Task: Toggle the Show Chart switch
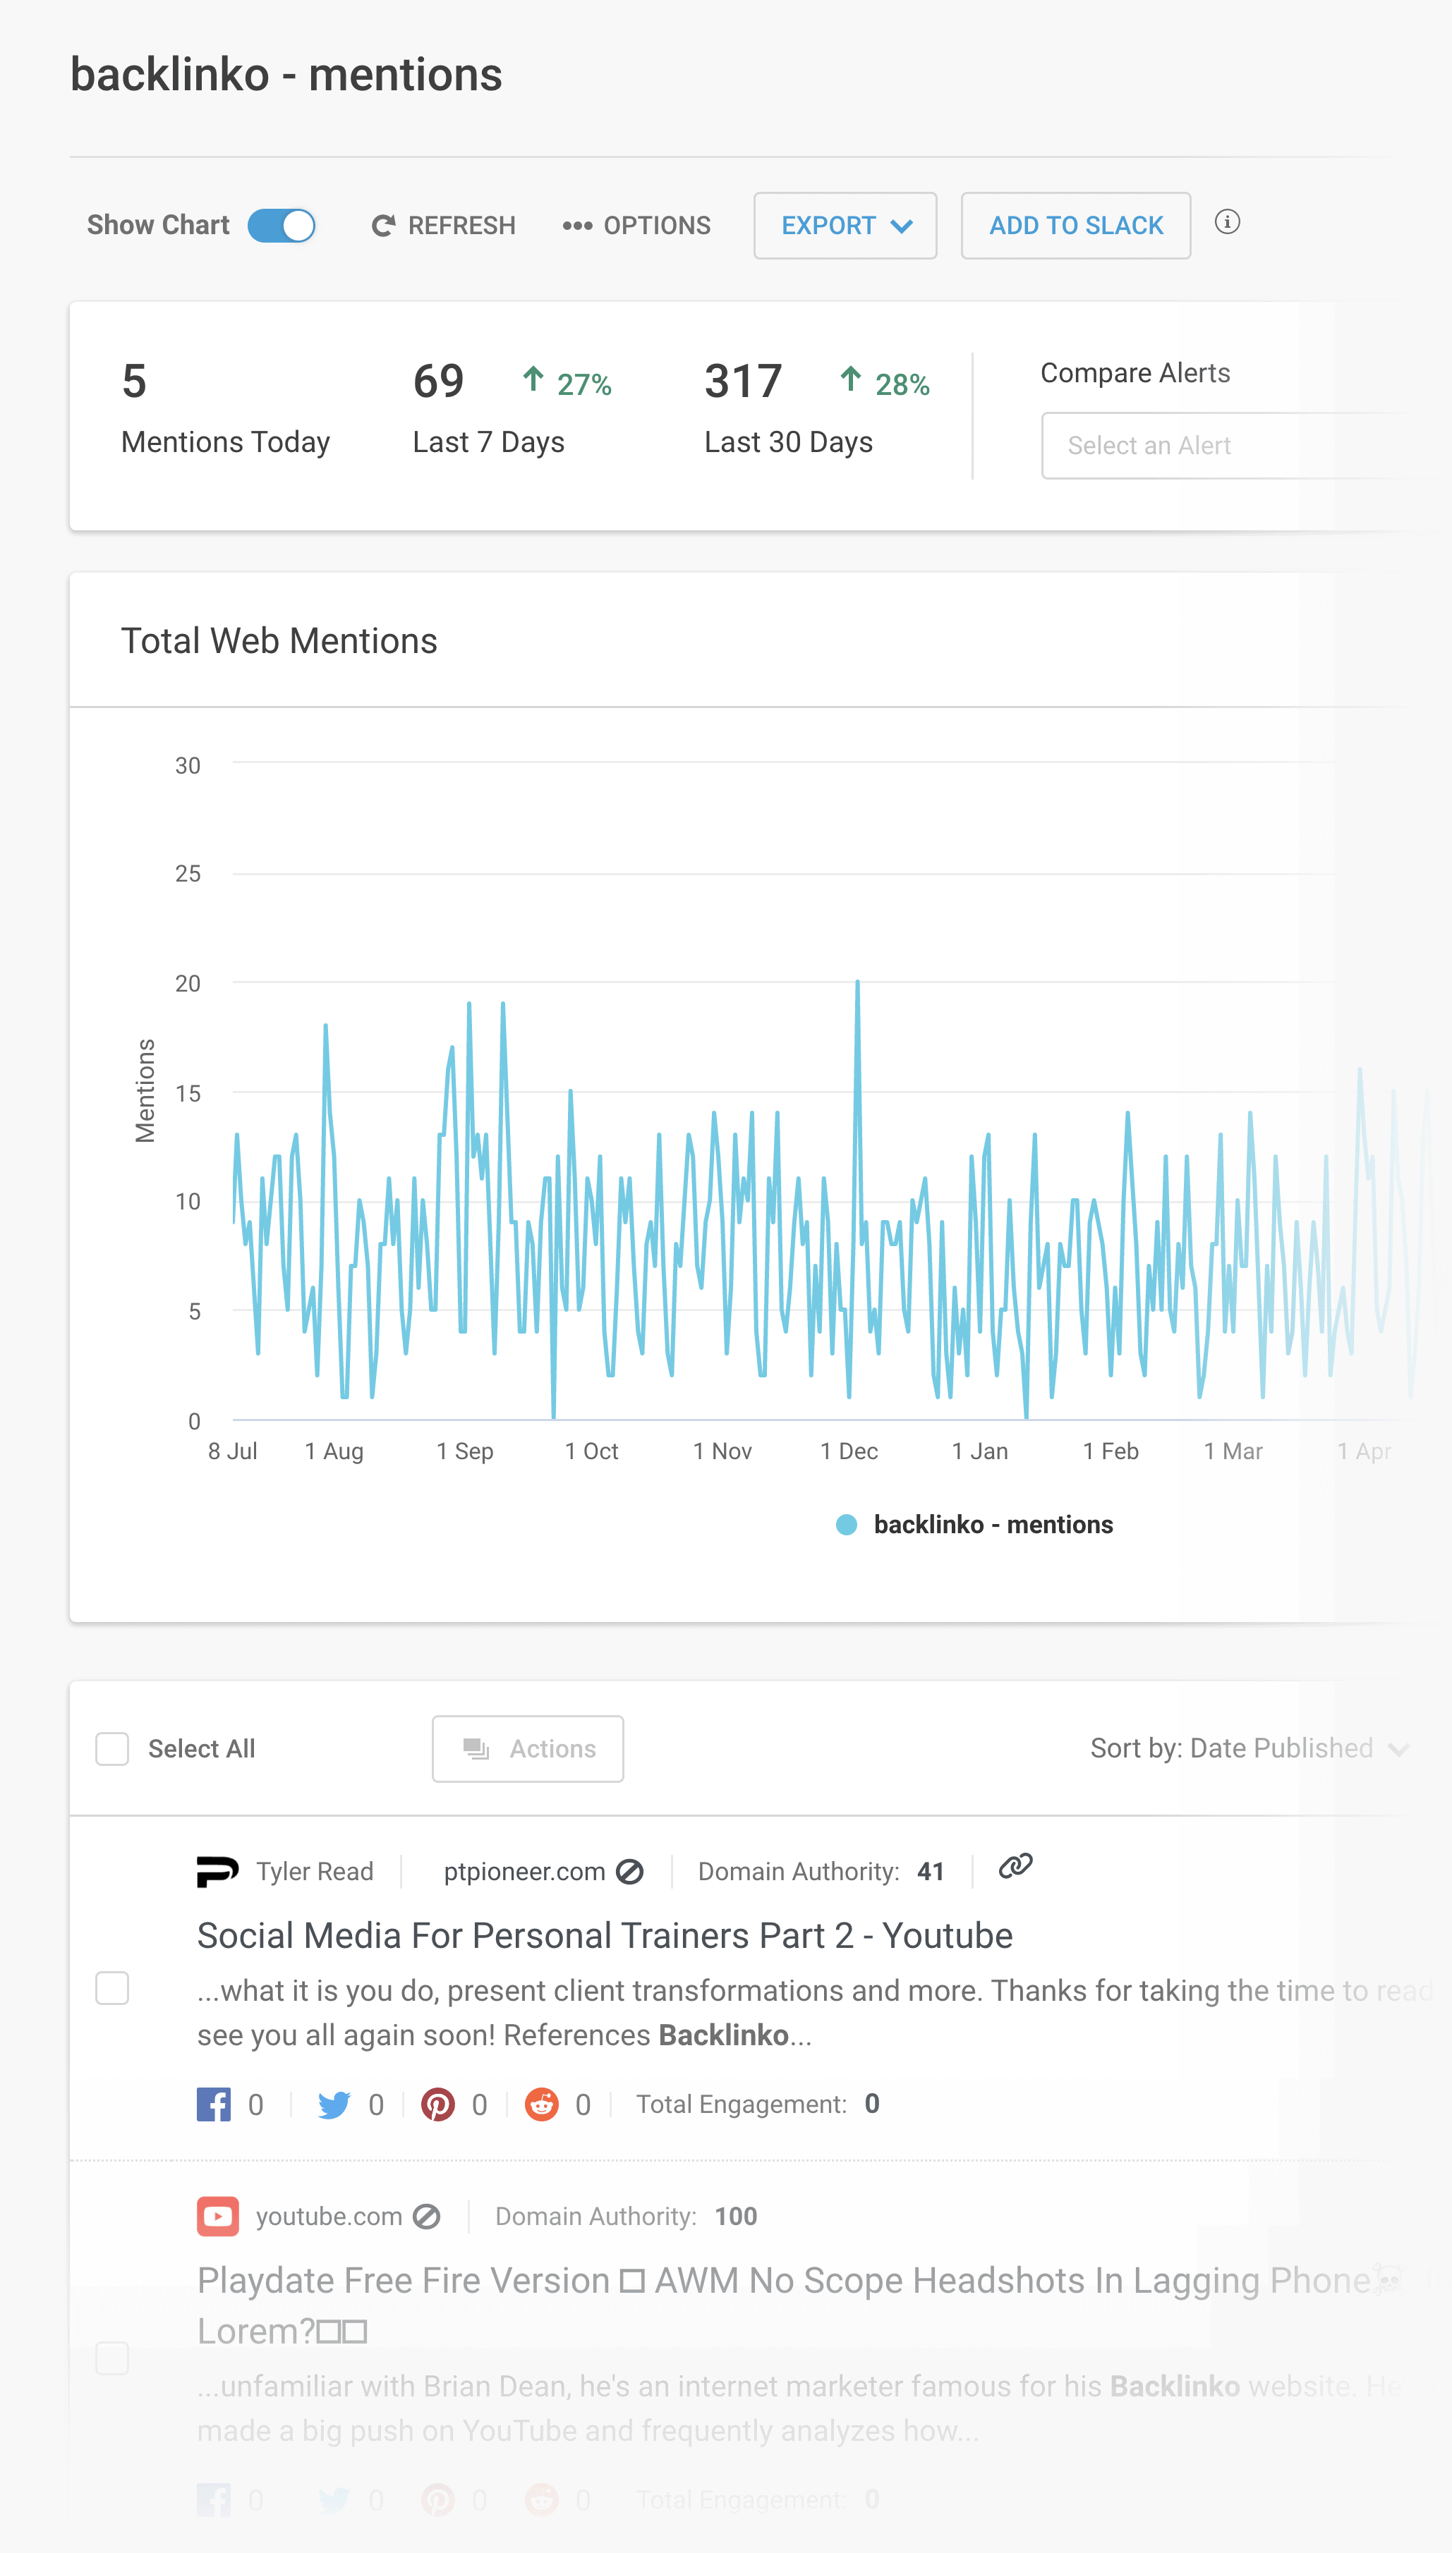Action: click(282, 225)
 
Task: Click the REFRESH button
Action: click(443, 225)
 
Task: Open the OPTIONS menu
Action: click(636, 225)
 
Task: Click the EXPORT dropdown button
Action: click(845, 225)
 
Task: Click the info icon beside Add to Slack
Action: click(1227, 222)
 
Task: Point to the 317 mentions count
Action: click(743, 382)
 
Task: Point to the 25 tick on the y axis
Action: click(188, 875)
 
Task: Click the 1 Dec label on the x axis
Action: click(849, 1451)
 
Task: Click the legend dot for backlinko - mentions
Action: click(847, 1524)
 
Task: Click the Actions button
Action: click(528, 1748)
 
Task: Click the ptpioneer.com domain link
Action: click(524, 1872)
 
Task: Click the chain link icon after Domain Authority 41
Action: click(1015, 1866)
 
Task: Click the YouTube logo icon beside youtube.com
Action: click(217, 2216)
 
